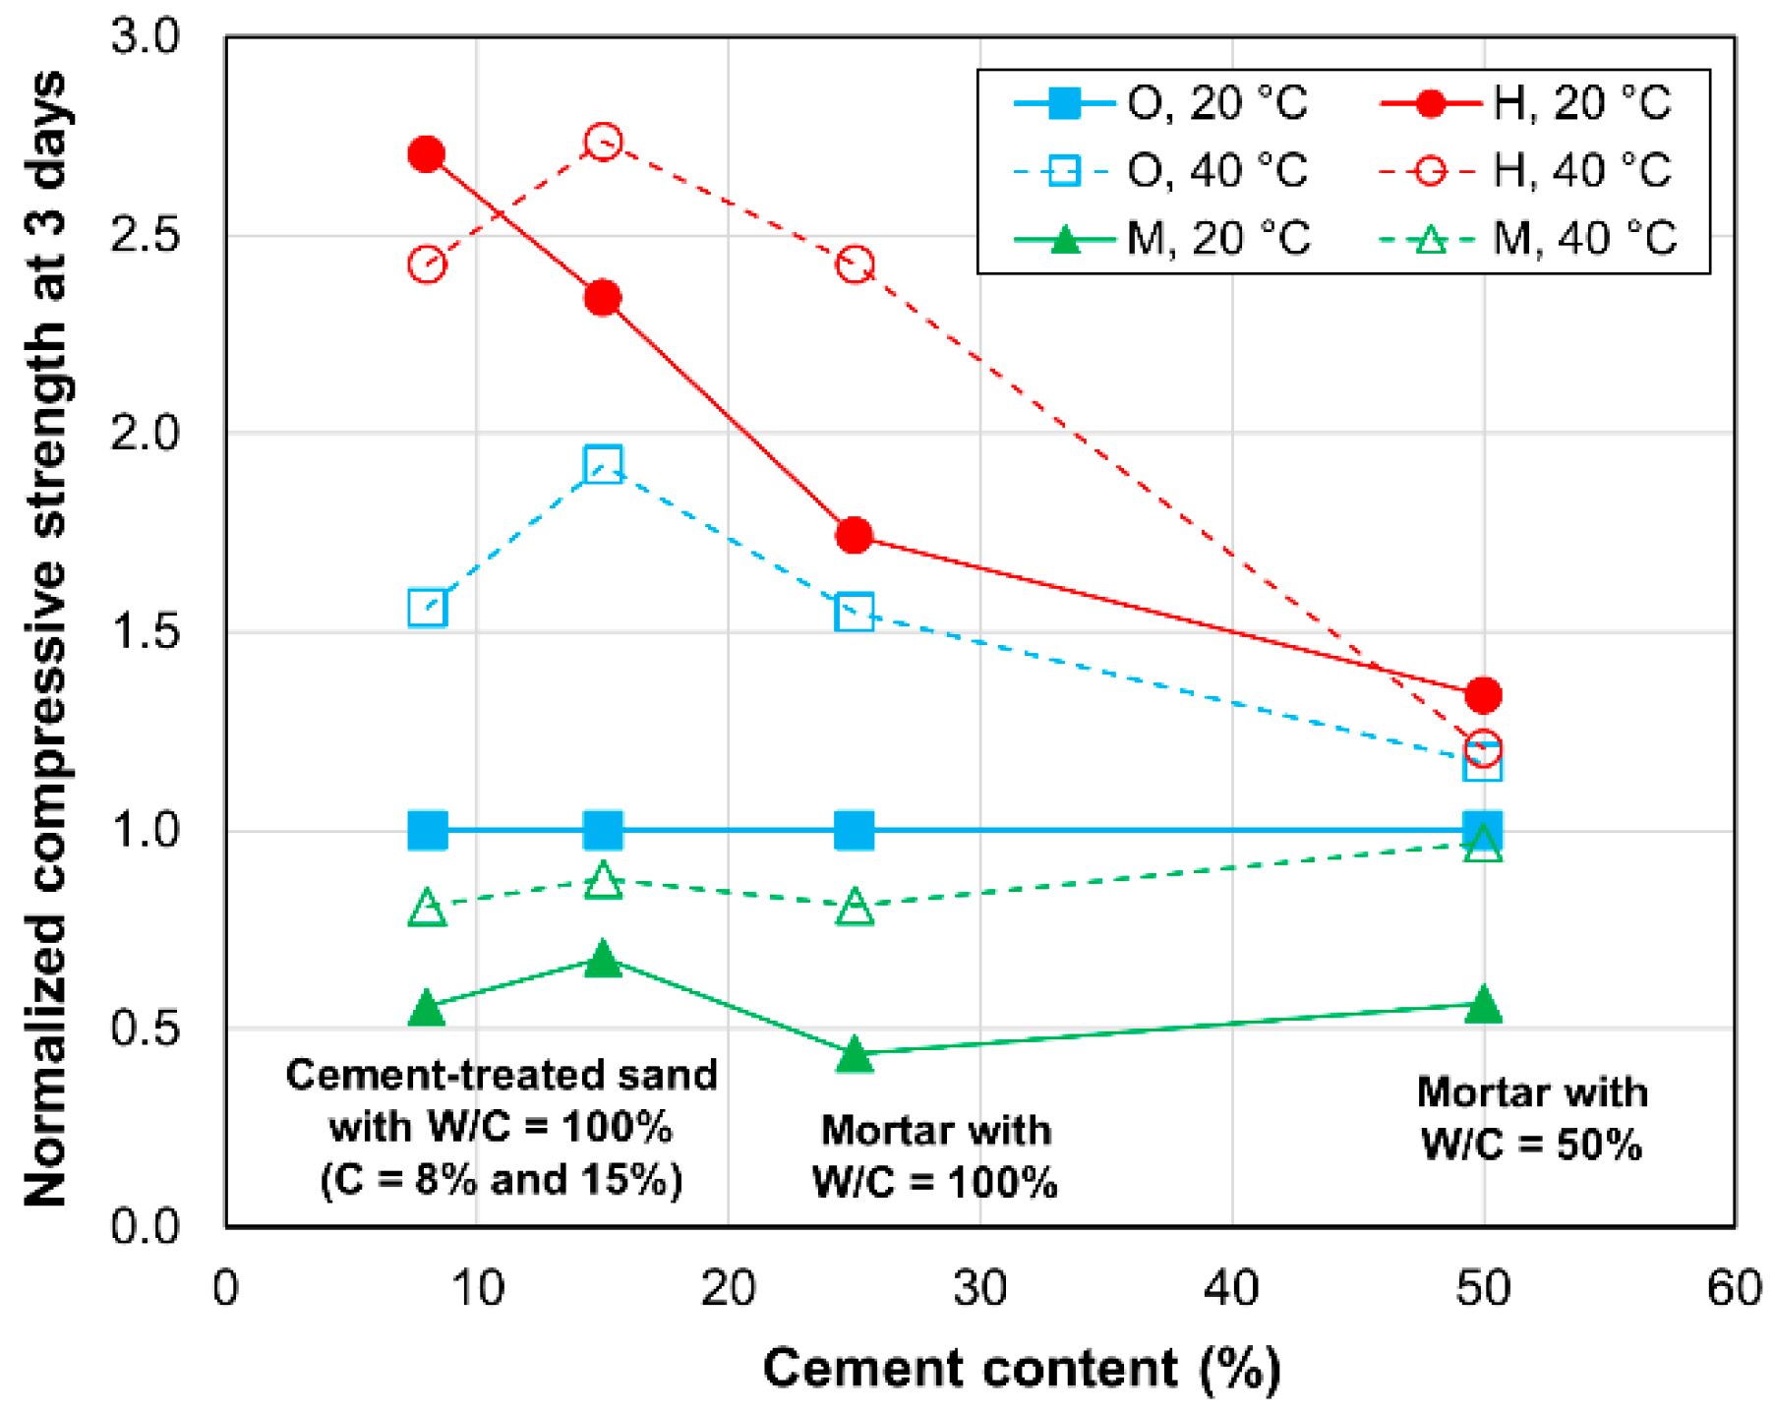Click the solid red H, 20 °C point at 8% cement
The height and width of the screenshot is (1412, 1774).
point(426,154)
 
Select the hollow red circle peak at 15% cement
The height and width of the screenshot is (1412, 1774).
point(603,142)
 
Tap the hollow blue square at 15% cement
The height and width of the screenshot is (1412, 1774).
point(603,463)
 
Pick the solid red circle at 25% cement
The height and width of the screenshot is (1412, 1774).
point(854,535)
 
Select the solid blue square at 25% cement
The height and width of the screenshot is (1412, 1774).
point(854,831)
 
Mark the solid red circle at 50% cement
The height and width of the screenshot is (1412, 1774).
point(1483,695)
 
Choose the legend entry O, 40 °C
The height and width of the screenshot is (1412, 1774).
point(1161,171)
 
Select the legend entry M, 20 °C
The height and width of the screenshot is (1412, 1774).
point(1161,239)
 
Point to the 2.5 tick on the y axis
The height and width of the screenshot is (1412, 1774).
point(146,236)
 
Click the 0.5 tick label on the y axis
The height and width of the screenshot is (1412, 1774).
point(146,1029)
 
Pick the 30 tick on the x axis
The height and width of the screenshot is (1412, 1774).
point(979,1288)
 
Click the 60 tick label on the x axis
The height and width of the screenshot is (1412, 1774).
point(1734,1288)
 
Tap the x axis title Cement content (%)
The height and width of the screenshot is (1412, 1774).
point(1022,1369)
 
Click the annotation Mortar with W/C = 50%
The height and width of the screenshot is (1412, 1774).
point(1532,1119)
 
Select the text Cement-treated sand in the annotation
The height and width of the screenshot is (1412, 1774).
point(501,1075)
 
